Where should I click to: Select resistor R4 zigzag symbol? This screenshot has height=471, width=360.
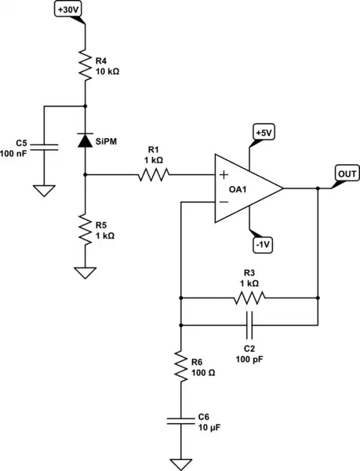click(84, 62)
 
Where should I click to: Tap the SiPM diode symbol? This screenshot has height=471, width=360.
click(84, 140)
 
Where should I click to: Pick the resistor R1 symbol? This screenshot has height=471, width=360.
click(152, 177)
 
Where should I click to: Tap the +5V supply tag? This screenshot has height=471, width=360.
click(263, 133)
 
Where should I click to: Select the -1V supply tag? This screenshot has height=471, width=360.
click(263, 245)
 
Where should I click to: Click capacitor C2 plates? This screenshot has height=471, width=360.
click(250, 323)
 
